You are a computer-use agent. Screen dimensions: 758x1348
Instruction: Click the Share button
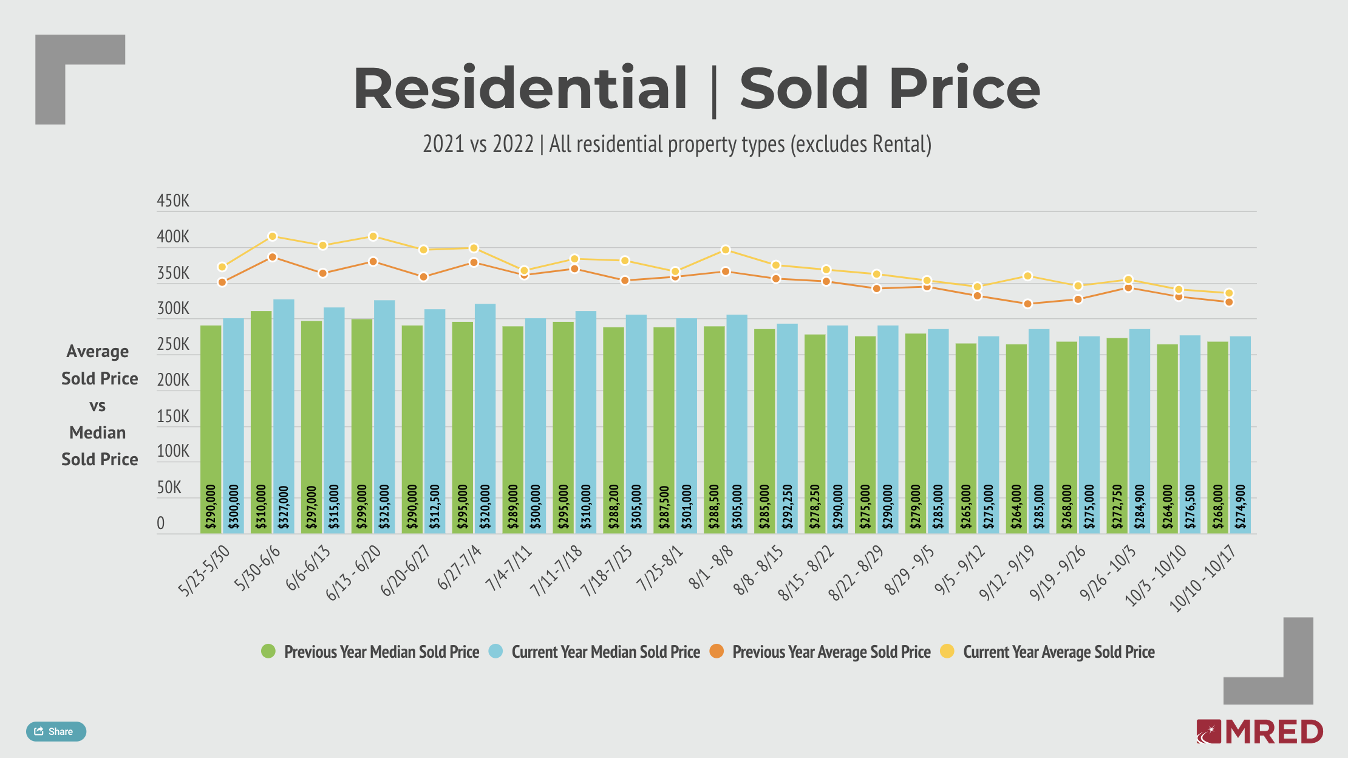pyautogui.click(x=56, y=731)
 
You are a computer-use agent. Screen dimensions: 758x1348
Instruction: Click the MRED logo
pyautogui.click(x=1260, y=731)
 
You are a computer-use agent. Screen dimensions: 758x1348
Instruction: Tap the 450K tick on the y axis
pyautogui.click(x=173, y=201)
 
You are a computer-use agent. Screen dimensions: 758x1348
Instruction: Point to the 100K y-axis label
pyautogui.click(x=173, y=451)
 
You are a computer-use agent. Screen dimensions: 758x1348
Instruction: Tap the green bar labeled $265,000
pyautogui.click(x=965, y=437)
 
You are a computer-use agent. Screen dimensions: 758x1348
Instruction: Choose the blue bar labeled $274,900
pyautogui.click(x=1240, y=434)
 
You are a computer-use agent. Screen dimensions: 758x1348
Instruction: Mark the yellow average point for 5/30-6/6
pyautogui.click(x=273, y=236)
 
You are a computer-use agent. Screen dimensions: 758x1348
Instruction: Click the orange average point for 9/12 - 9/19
pyautogui.click(x=1027, y=304)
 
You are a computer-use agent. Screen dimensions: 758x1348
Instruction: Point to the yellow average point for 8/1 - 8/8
pyautogui.click(x=725, y=250)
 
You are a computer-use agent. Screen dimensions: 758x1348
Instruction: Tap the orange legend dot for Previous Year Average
pyautogui.click(x=717, y=651)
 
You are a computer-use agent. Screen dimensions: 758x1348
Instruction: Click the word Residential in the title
pyautogui.click(x=520, y=89)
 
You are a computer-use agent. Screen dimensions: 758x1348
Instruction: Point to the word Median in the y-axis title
pyautogui.click(x=98, y=432)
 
